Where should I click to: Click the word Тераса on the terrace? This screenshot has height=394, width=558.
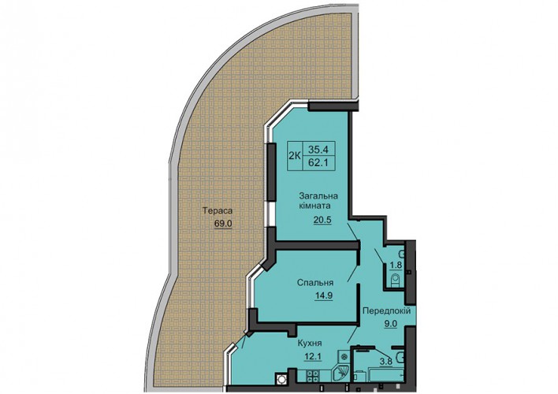(218, 211)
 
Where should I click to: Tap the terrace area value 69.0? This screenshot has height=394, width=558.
(223, 224)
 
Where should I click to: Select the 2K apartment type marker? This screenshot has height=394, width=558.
(295, 156)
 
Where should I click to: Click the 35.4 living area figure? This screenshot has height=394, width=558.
(318, 149)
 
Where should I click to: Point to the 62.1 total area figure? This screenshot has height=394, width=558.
(318, 162)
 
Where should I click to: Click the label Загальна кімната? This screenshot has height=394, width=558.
(318, 201)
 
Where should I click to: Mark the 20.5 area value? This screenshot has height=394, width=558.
(322, 220)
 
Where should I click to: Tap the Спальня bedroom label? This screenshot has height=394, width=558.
(315, 283)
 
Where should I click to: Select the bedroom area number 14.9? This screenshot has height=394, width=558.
(323, 295)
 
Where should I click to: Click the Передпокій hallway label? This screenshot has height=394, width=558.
(386, 310)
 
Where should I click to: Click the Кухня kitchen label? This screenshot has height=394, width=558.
(310, 344)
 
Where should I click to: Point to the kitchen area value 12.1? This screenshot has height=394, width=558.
(312, 356)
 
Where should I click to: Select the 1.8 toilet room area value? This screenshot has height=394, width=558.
(396, 265)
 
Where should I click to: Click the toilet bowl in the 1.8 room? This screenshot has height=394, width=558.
(396, 281)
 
